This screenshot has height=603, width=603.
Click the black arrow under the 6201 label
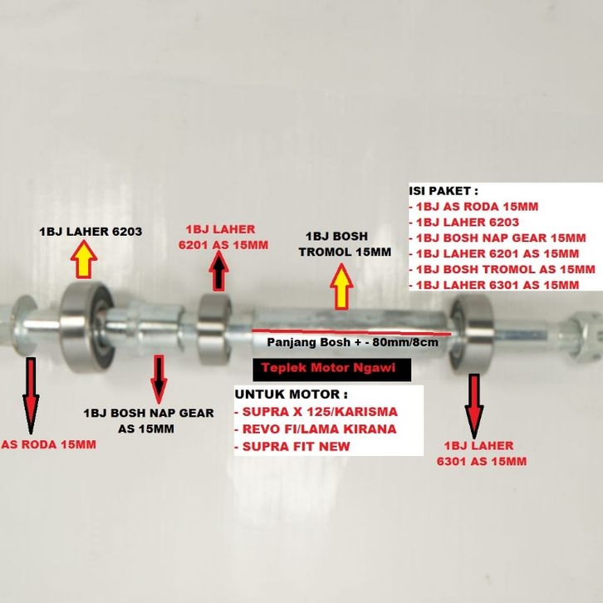pyautogui.click(x=219, y=271)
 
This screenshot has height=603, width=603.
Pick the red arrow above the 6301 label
pyautogui.click(x=474, y=405)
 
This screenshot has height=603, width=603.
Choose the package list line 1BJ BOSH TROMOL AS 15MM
pyautogui.click(x=503, y=269)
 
